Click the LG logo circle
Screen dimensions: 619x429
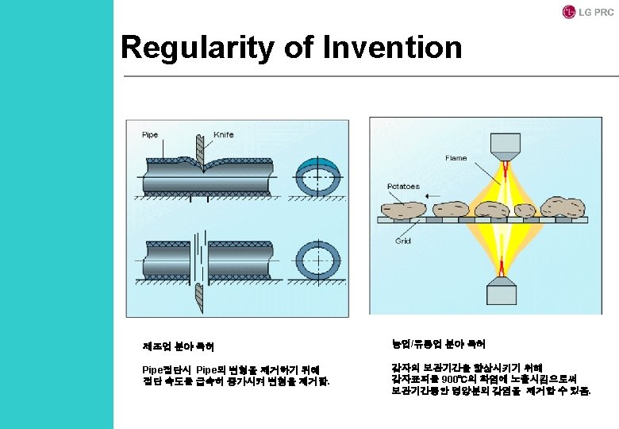tap(568, 12)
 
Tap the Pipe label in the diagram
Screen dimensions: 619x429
tap(149, 135)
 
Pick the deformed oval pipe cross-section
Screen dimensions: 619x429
tap(318, 177)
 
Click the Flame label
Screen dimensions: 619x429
tap(456, 158)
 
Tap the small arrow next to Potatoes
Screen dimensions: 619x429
tap(433, 187)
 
